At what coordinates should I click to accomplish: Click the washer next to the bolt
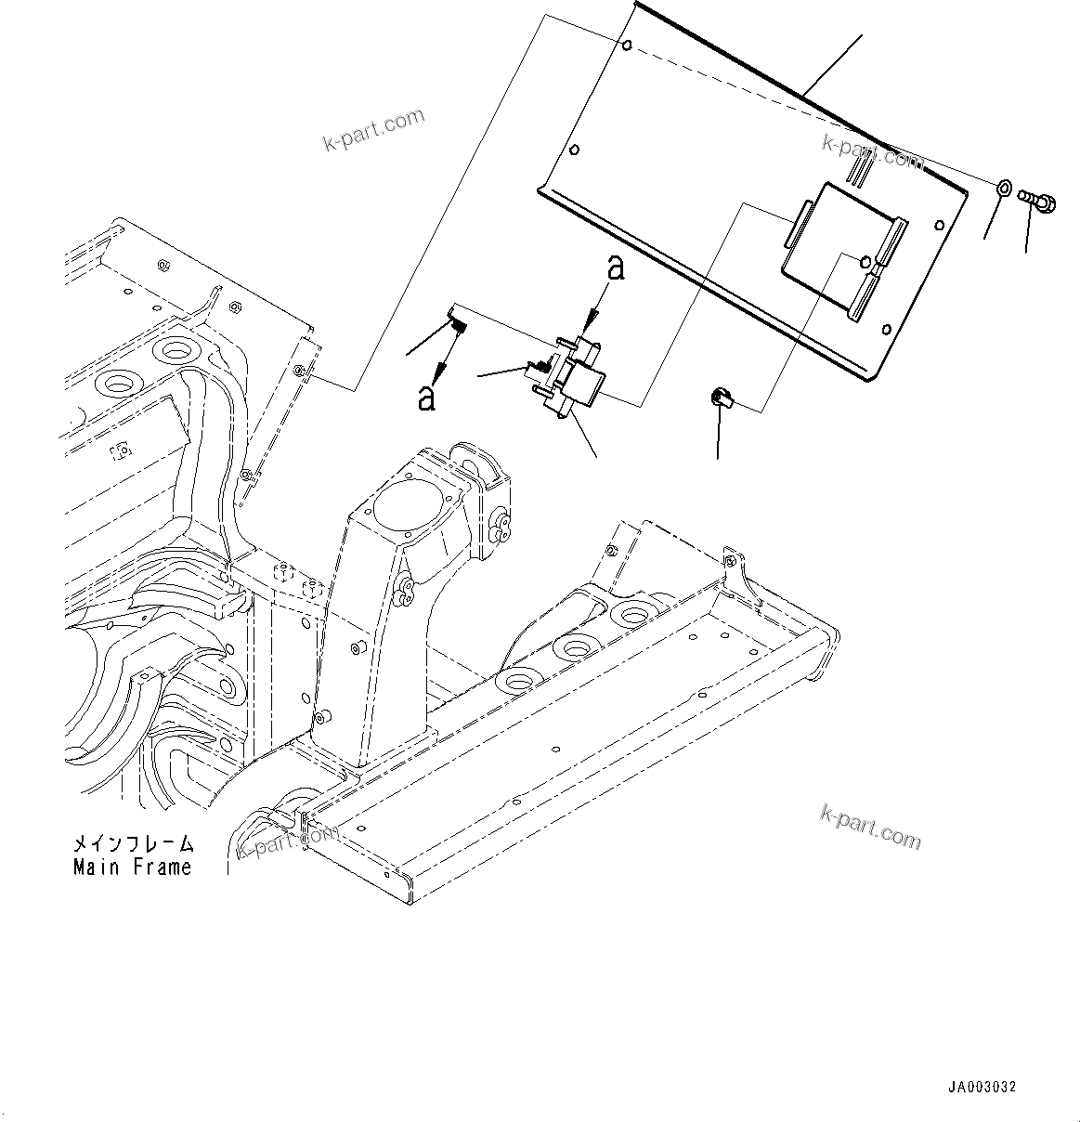pos(1005,189)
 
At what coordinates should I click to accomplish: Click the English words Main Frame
pos(132,868)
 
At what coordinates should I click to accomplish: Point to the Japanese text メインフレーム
pos(134,844)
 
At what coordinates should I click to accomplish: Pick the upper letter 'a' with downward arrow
pos(614,270)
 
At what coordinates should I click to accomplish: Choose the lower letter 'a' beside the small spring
pos(426,397)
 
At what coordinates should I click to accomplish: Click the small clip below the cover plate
pos(720,399)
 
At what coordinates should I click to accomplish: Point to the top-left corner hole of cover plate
pos(629,46)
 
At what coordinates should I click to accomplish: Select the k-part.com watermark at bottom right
pos(870,826)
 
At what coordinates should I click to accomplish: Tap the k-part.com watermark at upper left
pos(372,130)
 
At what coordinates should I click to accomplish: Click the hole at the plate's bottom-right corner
pos(887,328)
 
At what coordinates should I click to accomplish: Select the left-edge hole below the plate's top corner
pos(575,149)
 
